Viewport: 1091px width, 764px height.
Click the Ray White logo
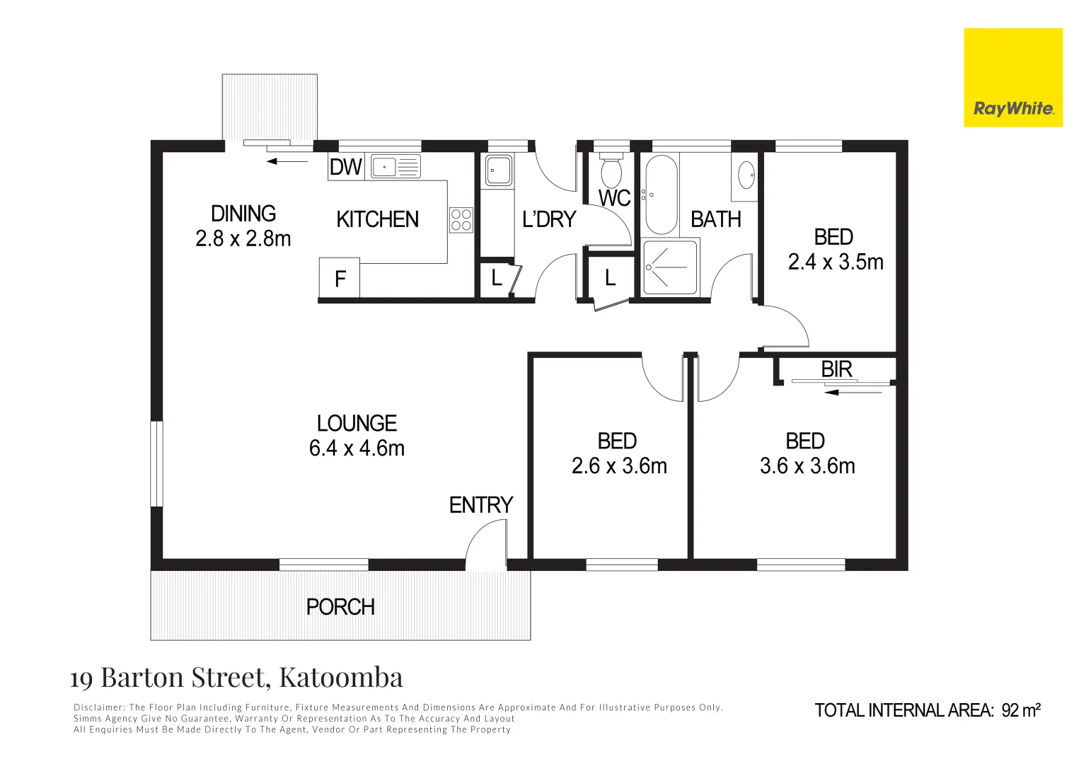pos(1012,78)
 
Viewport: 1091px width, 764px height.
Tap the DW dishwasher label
pos(346,167)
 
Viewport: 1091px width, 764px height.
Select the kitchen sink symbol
pos(396,167)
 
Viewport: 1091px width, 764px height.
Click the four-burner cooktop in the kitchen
pos(461,219)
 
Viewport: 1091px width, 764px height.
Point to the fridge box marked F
pos(340,279)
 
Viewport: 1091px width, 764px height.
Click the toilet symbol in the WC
pos(611,170)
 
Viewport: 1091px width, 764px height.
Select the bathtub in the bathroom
pos(662,195)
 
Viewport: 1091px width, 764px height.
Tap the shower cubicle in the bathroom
pos(669,267)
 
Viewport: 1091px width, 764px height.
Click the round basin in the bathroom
pos(746,175)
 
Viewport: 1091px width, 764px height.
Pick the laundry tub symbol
pos(499,170)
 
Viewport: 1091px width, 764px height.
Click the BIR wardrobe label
pos(836,369)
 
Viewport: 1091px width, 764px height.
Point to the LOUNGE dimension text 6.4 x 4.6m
pos(357,448)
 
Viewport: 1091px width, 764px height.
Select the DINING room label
pos(243,214)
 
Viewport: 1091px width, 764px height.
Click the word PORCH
pos(340,607)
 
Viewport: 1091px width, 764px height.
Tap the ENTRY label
pos(481,505)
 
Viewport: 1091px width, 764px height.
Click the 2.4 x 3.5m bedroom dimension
pos(836,262)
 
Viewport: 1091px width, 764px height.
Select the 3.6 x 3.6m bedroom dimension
pos(807,466)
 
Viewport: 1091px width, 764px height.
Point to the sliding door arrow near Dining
pos(287,161)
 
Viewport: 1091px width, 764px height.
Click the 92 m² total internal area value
pos(1021,710)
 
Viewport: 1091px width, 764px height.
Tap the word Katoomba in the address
pos(341,678)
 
